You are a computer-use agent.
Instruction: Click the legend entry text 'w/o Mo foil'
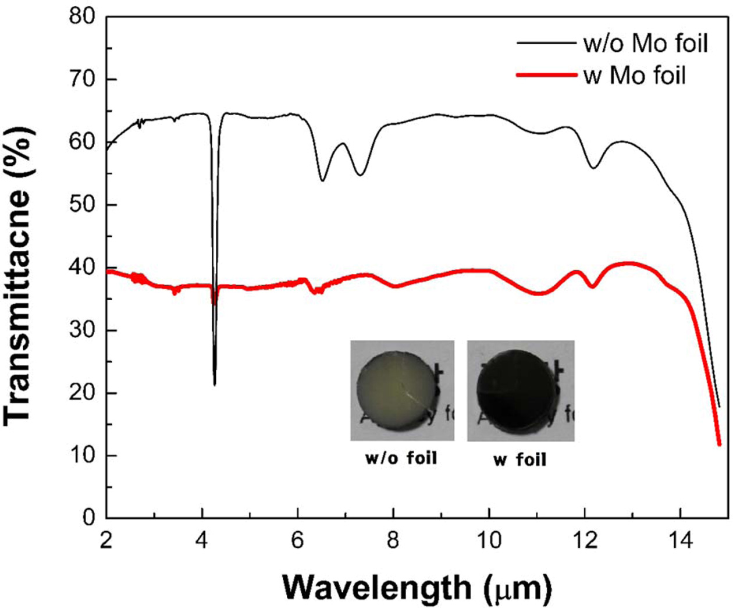click(x=645, y=44)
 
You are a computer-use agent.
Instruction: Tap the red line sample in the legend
click(x=546, y=75)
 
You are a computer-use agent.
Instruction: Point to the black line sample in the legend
click(x=546, y=42)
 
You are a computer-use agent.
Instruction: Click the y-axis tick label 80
click(x=82, y=16)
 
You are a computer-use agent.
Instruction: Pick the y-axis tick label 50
click(x=82, y=205)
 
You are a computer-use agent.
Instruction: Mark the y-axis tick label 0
click(x=89, y=517)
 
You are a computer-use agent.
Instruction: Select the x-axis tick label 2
click(x=106, y=541)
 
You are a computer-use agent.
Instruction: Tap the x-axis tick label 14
click(x=681, y=541)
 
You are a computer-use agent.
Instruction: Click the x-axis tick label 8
click(x=393, y=541)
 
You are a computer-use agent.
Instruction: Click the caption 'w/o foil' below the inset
click(x=401, y=458)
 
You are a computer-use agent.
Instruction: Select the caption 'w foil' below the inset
click(x=519, y=460)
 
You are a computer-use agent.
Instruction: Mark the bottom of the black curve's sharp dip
click(x=215, y=384)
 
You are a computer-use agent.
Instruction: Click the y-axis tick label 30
click(x=82, y=330)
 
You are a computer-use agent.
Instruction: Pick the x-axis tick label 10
click(x=489, y=541)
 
